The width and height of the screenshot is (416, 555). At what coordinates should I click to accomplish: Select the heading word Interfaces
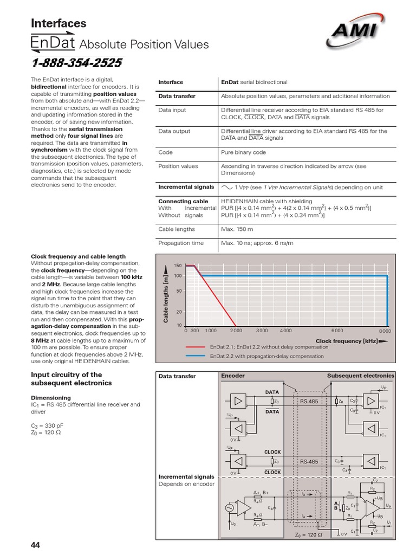tap(58, 23)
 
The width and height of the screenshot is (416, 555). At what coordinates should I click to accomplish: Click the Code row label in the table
tap(165, 152)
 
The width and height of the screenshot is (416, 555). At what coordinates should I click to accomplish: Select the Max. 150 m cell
tap(237, 229)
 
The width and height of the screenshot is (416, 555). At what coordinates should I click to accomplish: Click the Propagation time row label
tap(181, 243)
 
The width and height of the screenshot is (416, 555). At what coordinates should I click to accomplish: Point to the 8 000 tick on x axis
tap(385, 330)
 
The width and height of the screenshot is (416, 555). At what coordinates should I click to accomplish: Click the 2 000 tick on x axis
tap(236, 330)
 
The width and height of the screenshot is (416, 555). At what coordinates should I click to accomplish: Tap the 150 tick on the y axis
tap(178, 265)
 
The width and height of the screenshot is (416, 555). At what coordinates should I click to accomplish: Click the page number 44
tap(36, 545)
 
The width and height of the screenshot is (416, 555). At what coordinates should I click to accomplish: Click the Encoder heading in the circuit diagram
tap(232, 376)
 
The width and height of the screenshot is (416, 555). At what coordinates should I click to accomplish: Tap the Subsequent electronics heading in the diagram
tap(361, 376)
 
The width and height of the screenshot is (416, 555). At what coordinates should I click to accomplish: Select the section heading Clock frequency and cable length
tap(78, 256)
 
